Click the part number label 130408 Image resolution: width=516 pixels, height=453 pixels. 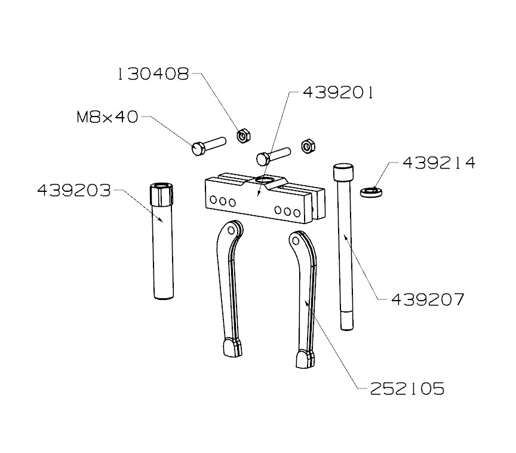(x=153, y=74)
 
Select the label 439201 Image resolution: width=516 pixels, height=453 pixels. (x=338, y=93)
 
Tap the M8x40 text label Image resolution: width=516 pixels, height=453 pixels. (x=107, y=117)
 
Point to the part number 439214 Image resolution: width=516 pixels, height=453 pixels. (x=439, y=163)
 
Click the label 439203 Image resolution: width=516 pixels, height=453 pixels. (x=74, y=191)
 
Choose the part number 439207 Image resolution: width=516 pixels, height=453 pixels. (x=427, y=299)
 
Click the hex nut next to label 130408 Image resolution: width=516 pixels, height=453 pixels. (x=243, y=136)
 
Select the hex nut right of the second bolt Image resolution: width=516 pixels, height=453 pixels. (x=308, y=145)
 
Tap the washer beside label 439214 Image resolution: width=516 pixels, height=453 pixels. (x=372, y=191)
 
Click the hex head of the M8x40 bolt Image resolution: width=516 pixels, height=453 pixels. (x=199, y=148)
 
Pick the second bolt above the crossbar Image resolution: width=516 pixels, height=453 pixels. (x=272, y=157)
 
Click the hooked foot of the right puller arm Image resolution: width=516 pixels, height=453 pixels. (x=304, y=359)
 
